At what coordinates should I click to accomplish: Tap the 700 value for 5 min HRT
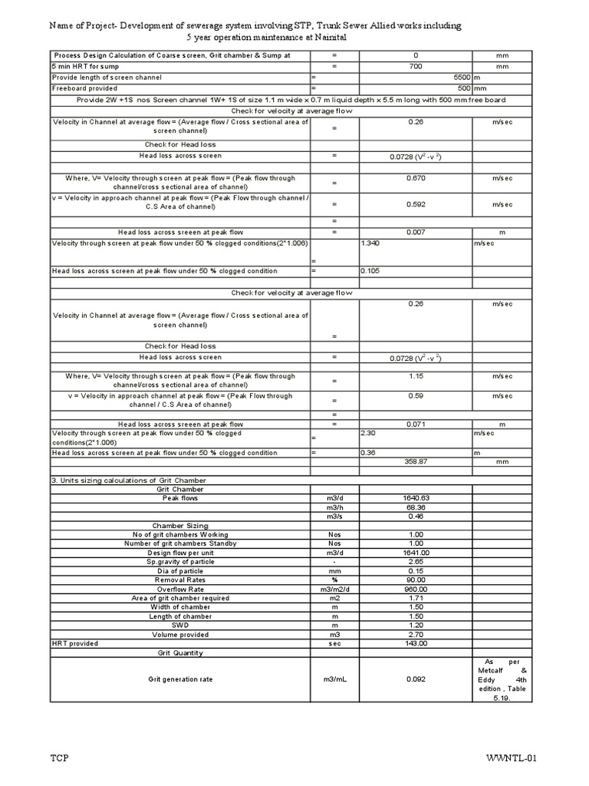click(416, 68)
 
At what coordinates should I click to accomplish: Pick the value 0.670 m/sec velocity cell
click(416, 178)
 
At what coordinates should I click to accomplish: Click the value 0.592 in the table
click(416, 204)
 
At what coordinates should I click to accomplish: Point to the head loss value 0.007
click(416, 232)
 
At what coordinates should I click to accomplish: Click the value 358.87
click(416, 462)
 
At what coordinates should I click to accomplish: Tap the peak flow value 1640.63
click(416, 498)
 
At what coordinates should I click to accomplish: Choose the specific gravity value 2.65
click(416, 562)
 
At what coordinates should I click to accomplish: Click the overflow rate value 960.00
click(416, 589)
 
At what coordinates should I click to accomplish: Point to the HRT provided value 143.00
click(416, 643)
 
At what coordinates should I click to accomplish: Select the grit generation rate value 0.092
click(416, 679)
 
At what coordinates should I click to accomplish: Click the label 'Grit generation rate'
click(180, 679)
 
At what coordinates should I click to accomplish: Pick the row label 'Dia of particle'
click(180, 571)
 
